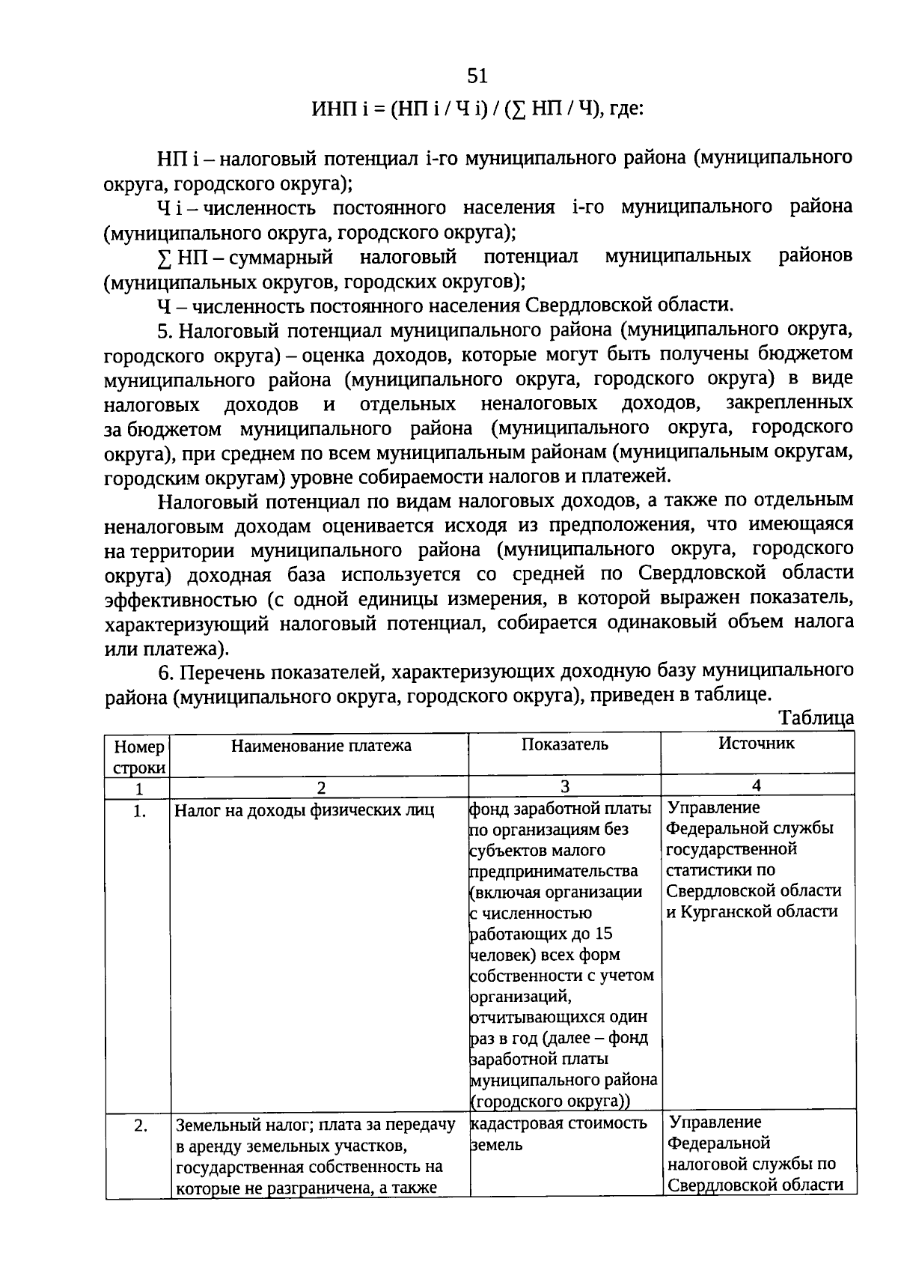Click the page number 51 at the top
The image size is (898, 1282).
coord(477,76)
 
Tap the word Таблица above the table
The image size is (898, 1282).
coord(816,718)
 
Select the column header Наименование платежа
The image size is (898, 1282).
coord(321,745)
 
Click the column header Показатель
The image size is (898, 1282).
coord(565,744)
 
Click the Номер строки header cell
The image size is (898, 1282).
coord(139,757)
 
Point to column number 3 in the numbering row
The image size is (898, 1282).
coord(565,786)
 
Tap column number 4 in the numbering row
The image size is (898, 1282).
coord(757,785)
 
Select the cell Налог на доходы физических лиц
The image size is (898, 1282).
coord(304,811)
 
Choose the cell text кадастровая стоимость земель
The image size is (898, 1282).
coord(558,1134)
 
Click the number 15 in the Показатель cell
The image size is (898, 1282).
coord(603,934)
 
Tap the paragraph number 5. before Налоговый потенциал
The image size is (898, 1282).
coord(165,330)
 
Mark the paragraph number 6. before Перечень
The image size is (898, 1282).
coord(165,671)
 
